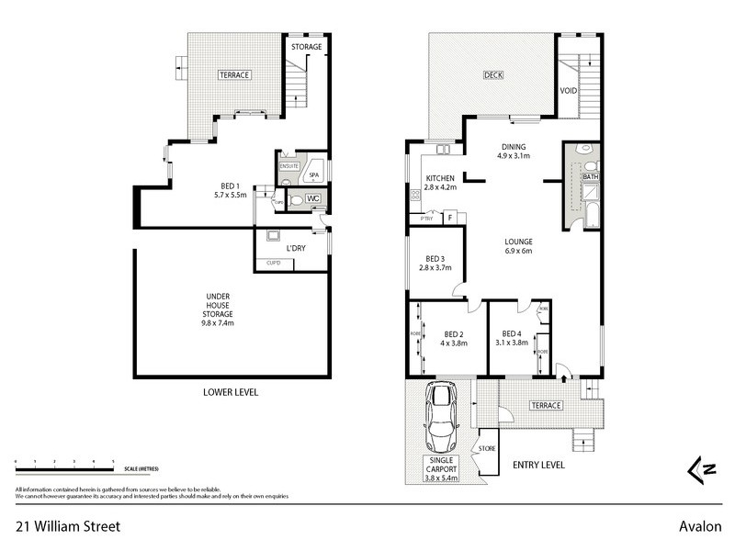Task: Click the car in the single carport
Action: click(x=439, y=410)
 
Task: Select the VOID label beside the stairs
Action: click(x=569, y=90)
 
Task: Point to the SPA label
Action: click(x=313, y=174)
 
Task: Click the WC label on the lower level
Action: click(x=311, y=198)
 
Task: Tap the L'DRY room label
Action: click(x=296, y=249)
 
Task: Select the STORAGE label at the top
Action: click(x=306, y=47)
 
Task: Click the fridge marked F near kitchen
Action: click(x=450, y=218)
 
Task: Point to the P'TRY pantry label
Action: click(x=426, y=219)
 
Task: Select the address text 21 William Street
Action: click(x=67, y=527)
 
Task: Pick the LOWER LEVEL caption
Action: click(x=231, y=392)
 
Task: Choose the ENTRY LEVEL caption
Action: click(x=537, y=467)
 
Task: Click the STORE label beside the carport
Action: click(x=487, y=448)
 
